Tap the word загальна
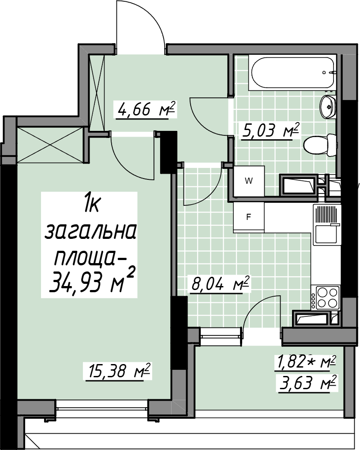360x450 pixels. pyautogui.click(x=90, y=232)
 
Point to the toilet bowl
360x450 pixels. pyautogui.click(x=320, y=145)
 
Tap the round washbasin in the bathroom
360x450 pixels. pyautogui.click(x=328, y=106)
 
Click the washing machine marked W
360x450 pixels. pyautogui.click(x=249, y=181)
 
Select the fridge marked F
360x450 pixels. pyautogui.click(x=249, y=217)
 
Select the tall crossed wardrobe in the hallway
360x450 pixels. pyautogui.click(x=97, y=93)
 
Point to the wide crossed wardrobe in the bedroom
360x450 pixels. pyautogui.click(x=50, y=145)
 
